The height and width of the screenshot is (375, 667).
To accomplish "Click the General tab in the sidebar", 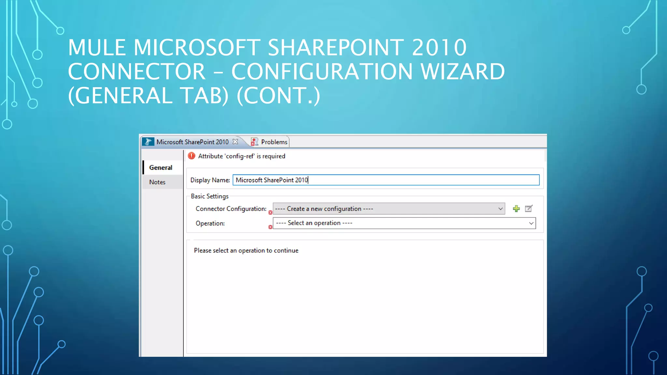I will tap(161, 168).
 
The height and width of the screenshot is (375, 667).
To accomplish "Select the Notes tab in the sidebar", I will tap(157, 182).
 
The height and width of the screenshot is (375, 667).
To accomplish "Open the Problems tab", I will tap(274, 142).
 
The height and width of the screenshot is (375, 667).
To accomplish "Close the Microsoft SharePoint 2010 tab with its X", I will tap(235, 142).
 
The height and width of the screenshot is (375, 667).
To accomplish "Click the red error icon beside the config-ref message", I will tap(192, 156).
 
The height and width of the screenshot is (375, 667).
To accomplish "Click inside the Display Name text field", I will tap(386, 180).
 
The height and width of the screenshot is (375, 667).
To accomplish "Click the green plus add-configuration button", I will tap(516, 209).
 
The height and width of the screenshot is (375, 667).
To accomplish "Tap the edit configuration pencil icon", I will tap(529, 209).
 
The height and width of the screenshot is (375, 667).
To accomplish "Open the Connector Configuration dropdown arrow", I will tap(500, 209).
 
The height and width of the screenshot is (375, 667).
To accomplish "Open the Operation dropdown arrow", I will tap(531, 223).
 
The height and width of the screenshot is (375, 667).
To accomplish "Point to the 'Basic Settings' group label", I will tap(210, 196).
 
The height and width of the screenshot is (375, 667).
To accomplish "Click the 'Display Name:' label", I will tap(210, 180).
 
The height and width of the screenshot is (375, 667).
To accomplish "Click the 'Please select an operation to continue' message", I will tap(246, 251).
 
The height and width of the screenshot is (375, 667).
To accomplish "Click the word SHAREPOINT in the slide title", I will tap(336, 48).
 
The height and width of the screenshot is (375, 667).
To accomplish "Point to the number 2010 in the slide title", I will tap(439, 48).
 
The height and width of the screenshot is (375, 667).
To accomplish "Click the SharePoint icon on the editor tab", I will tap(148, 142).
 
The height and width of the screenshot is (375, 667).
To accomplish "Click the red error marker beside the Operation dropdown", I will tap(270, 227).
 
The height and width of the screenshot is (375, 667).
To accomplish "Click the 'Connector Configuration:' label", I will tap(231, 209).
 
